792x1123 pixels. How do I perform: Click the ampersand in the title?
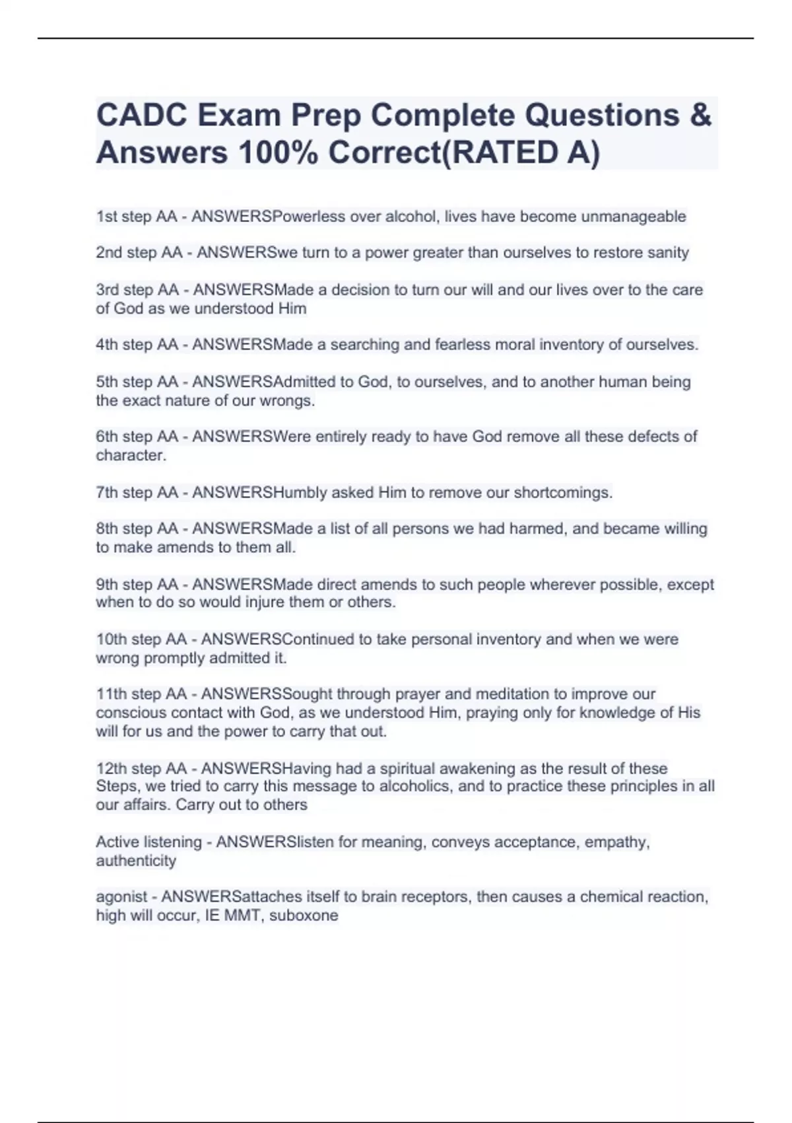pos(701,116)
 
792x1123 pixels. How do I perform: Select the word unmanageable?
pos(633,217)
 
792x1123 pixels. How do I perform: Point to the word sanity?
pos(666,252)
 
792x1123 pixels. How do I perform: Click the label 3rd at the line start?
pos(108,290)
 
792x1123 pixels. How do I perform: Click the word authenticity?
pos(136,861)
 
